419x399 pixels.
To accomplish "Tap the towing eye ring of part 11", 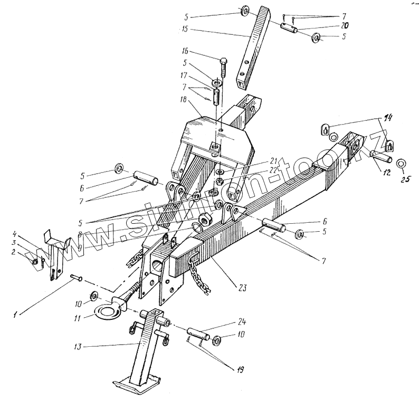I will [108, 313].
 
